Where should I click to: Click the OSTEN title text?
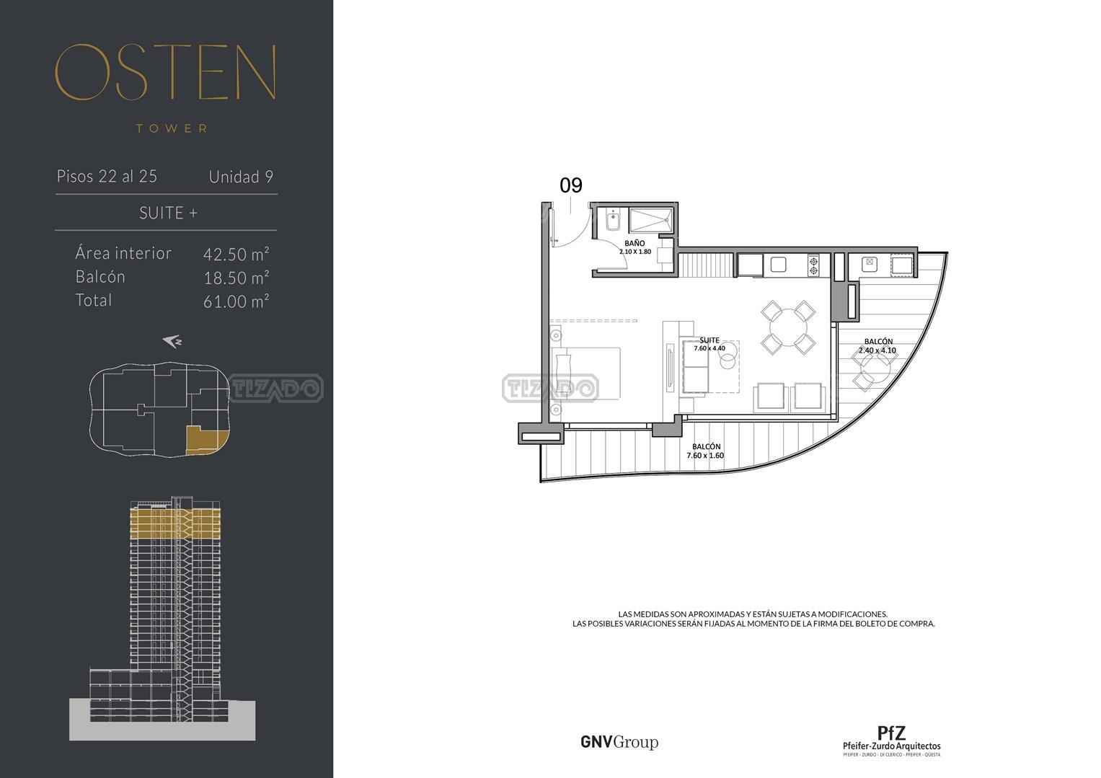[165, 72]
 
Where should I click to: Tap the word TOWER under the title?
[172, 129]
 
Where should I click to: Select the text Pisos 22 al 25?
[107, 176]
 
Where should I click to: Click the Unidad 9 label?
[241, 177]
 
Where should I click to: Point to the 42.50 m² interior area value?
[236, 254]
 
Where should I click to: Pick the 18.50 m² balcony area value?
[236, 278]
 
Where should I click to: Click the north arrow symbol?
[172, 342]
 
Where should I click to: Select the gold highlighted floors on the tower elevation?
[175, 523]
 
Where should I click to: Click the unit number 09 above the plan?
[570, 185]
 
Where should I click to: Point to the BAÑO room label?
[634, 243]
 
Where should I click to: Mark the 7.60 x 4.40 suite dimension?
[709, 348]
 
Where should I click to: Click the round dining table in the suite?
[788, 327]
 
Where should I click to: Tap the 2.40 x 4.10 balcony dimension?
[877, 350]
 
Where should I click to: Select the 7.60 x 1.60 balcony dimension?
[705, 456]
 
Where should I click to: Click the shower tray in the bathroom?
[651, 220]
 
